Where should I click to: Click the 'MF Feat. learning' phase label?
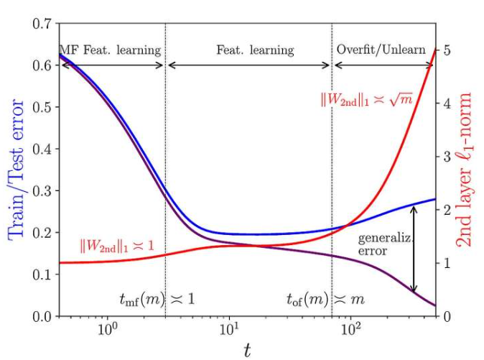[110, 50]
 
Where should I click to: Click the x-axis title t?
[247, 350]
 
